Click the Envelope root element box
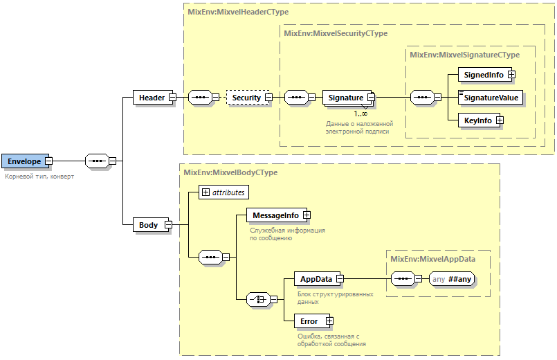click(25, 161)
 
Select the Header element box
click(152, 98)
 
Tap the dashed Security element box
click(246, 98)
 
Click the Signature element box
click(345, 98)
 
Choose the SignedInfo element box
click(483, 74)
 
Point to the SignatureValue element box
click(491, 98)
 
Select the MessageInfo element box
click(275, 215)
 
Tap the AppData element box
click(315, 279)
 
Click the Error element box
click(309, 321)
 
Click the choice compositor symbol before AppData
click(259, 299)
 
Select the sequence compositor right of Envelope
click(98, 161)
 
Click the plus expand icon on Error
click(329, 321)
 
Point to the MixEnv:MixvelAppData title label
click(432, 259)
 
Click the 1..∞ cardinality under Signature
click(360, 114)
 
